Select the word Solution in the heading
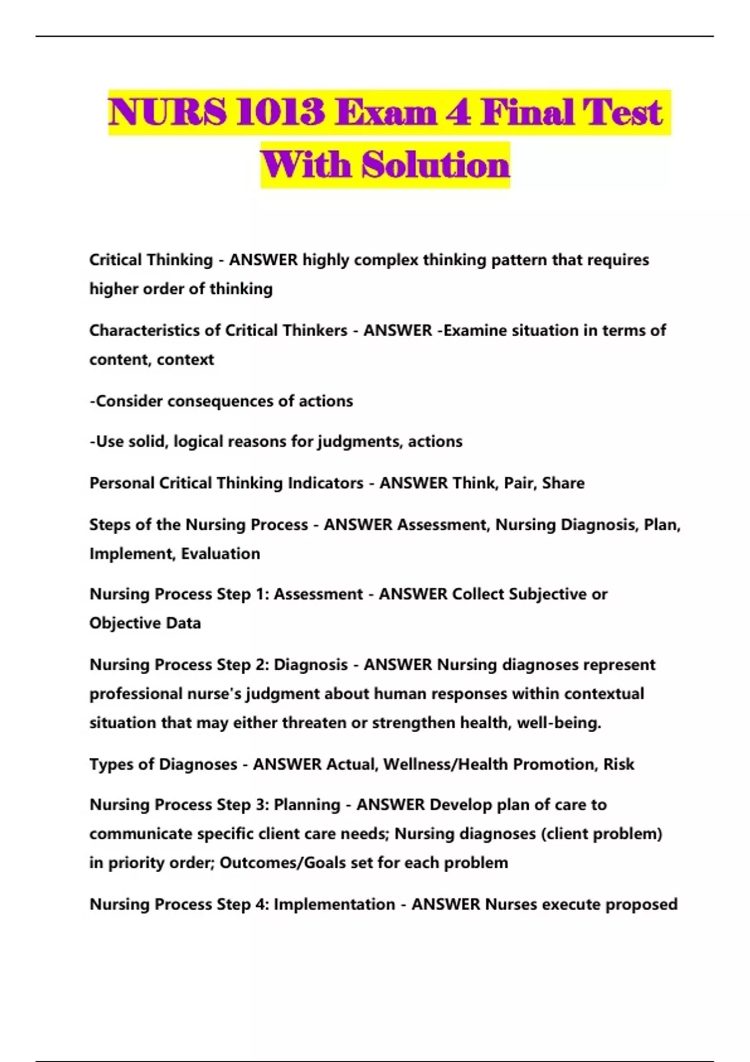coord(436,165)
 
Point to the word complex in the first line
coord(386,260)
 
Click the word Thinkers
coord(315,330)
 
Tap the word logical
coord(198,442)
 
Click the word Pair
coord(519,483)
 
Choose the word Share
coord(563,483)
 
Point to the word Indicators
coord(325,483)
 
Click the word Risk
coord(618,764)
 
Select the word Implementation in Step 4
coord(334,904)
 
